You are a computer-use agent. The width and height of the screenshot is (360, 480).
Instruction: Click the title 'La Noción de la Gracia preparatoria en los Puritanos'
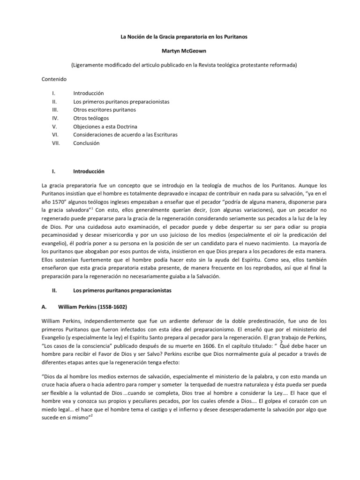180,37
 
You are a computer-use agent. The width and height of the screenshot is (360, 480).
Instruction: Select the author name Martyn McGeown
180,51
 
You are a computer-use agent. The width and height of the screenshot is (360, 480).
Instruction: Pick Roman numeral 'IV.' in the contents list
55,118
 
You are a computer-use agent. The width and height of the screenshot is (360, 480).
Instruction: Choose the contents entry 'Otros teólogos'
91,118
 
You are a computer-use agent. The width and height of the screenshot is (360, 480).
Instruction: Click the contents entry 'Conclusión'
87,143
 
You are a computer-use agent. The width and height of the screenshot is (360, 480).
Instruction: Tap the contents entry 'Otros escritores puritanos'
105,110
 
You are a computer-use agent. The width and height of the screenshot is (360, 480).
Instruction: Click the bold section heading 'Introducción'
89,172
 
